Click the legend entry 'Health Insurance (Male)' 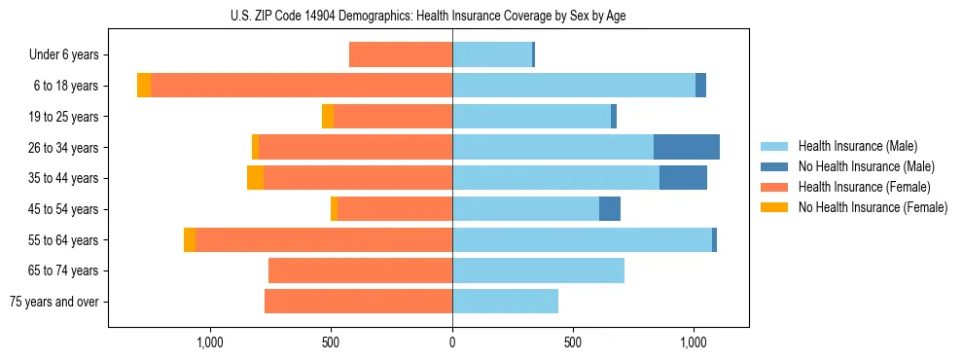pyautogui.click(x=857, y=146)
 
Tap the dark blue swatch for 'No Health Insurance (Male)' pyautogui.click(x=775, y=166)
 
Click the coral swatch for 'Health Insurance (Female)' pyautogui.click(x=775, y=187)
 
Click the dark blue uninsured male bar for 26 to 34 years pyautogui.click(x=687, y=147)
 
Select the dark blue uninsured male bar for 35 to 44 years pyautogui.click(x=683, y=178)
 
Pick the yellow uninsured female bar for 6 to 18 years pyautogui.click(x=144, y=86)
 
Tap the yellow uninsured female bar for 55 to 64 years pyautogui.click(x=190, y=239)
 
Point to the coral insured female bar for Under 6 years pyautogui.click(x=401, y=54)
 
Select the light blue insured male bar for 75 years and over pyautogui.click(x=505, y=302)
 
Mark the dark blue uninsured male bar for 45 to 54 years pyautogui.click(x=610, y=209)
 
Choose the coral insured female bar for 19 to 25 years pyautogui.click(x=393, y=117)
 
